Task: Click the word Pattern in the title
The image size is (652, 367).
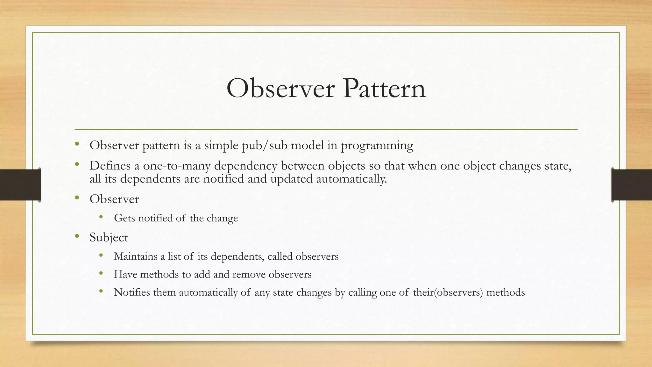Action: [384, 89]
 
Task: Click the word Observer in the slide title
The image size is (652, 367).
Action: [280, 89]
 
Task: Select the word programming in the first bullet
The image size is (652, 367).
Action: [377, 146]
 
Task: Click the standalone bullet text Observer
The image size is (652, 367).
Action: [114, 199]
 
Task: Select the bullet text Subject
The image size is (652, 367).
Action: [109, 238]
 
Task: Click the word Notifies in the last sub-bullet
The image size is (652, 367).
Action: [132, 292]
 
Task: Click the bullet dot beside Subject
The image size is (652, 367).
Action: [77, 236]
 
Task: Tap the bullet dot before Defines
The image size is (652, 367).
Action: [77, 164]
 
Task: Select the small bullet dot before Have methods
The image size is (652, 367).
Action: [101, 273]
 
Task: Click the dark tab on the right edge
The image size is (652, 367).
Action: [632, 185]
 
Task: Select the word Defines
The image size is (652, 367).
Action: [110, 166]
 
